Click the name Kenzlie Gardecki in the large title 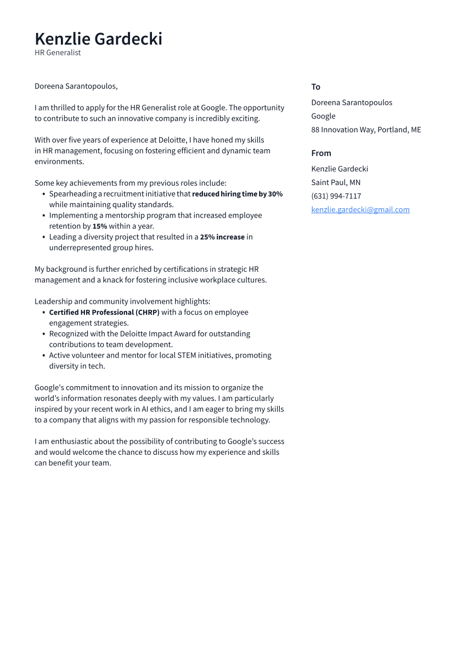(x=98, y=39)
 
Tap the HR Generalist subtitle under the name (x=58, y=53)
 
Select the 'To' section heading (x=315, y=87)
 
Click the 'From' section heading (x=321, y=153)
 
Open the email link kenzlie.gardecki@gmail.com (x=360, y=210)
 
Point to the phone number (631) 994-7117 (x=336, y=196)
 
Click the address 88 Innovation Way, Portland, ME (x=366, y=130)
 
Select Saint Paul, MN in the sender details (x=336, y=182)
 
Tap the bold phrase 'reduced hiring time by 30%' (x=237, y=194)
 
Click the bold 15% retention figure (x=99, y=226)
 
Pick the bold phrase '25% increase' (x=222, y=237)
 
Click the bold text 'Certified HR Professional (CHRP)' (x=104, y=313)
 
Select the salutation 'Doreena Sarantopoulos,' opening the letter (x=76, y=86)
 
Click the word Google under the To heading (x=323, y=116)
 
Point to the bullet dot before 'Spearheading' (x=43, y=194)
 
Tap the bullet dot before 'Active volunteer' (x=43, y=355)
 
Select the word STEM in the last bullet (x=187, y=355)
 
